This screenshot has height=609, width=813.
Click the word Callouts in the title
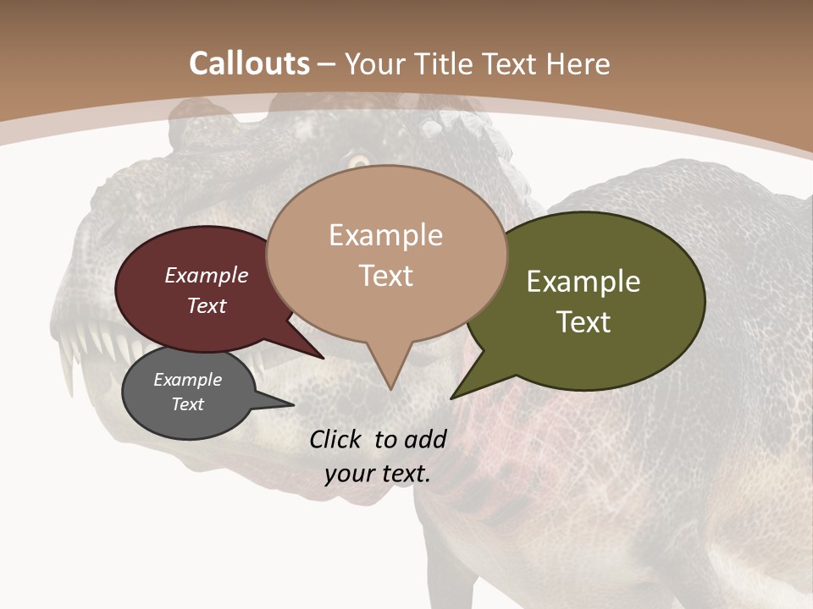point(249,63)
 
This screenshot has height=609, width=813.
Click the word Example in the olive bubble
point(583,282)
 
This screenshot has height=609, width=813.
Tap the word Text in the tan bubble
point(386,275)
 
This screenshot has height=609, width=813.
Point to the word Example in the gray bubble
point(187,380)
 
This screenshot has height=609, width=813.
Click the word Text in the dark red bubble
point(207,305)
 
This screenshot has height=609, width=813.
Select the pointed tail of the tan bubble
point(389,376)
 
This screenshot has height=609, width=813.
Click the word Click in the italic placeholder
point(337,439)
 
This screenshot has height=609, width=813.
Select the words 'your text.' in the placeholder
point(378,474)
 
